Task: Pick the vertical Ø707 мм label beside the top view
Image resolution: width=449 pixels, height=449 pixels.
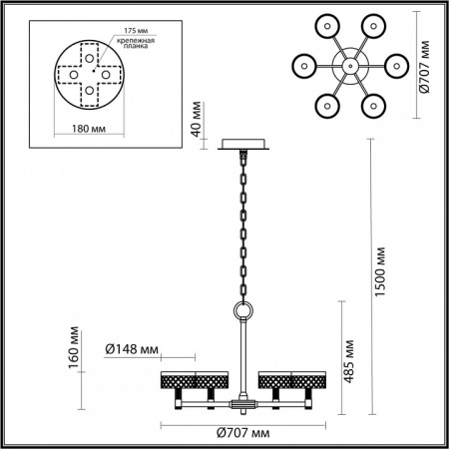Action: [x=425, y=65]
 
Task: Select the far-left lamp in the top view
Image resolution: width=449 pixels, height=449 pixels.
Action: [x=304, y=65]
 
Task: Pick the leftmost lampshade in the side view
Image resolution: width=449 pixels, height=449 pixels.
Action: [x=178, y=379]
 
